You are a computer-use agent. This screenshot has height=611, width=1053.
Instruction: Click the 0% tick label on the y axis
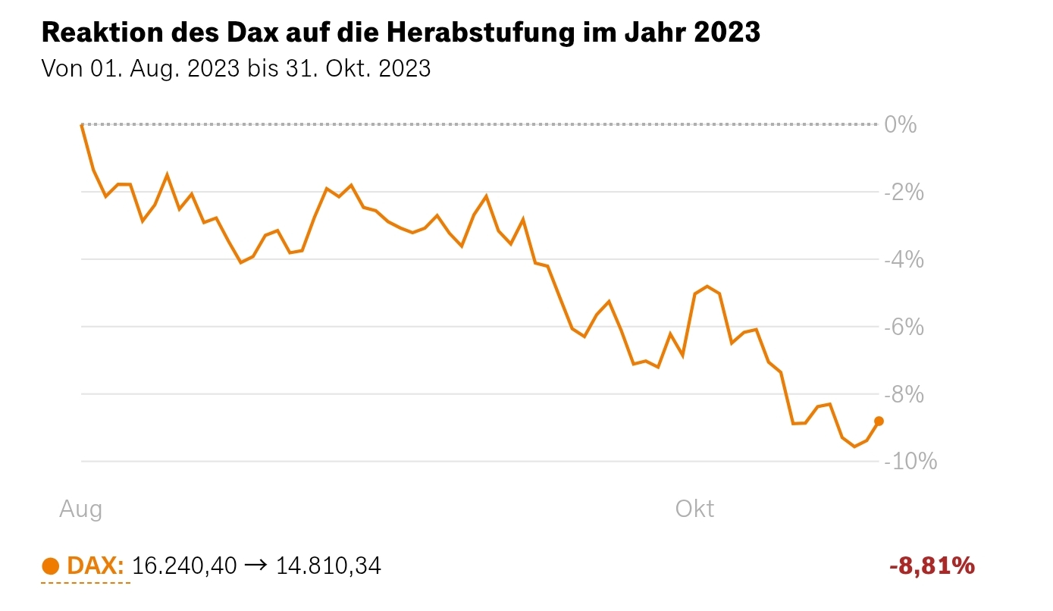(901, 124)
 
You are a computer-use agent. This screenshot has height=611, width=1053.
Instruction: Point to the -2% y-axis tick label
(904, 192)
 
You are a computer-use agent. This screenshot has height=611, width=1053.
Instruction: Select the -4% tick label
(904, 259)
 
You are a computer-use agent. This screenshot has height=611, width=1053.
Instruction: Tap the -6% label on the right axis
(904, 327)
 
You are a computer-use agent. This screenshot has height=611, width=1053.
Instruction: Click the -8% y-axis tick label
(904, 394)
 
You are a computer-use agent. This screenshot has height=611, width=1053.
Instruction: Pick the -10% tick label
(910, 461)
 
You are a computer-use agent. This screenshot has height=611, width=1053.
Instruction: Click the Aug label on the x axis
(80, 509)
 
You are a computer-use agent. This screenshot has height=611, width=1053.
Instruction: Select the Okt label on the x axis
(694, 509)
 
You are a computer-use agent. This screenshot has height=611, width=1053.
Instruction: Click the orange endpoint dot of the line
(879, 421)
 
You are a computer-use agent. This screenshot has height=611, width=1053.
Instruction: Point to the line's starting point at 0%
(81, 124)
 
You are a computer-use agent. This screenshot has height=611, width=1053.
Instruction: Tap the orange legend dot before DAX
(50, 566)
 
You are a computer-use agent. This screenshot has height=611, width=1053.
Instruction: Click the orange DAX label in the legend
(96, 566)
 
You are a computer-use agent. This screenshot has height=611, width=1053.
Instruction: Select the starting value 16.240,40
(184, 566)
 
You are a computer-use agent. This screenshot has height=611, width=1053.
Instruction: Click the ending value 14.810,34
(328, 566)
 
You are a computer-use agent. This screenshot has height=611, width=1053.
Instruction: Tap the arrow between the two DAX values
(256, 566)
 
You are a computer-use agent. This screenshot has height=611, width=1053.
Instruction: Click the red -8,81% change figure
(931, 566)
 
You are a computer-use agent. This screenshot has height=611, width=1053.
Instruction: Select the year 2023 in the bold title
(727, 33)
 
